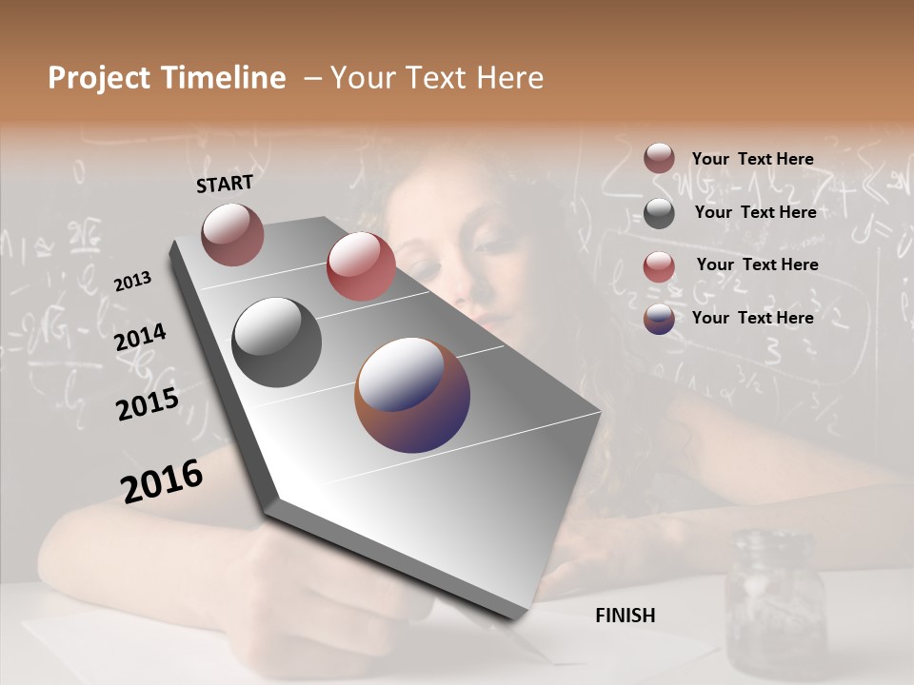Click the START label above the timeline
pyautogui.click(x=225, y=184)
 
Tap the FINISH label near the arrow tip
pyautogui.click(x=626, y=616)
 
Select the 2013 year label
pyautogui.click(x=132, y=282)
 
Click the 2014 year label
pyautogui.click(x=140, y=338)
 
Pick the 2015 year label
pyautogui.click(x=148, y=404)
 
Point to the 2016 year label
pyautogui.click(x=162, y=481)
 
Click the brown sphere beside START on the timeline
pyautogui.click(x=232, y=234)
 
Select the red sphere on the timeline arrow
pyautogui.click(x=361, y=265)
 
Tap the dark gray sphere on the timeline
pyautogui.click(x=276, y=342)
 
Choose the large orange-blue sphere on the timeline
pyautogui.click(x=412, y=394)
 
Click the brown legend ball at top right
pyautogui.click(x=659, y=159)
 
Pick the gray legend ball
pyautogui.click(x=659, y=213)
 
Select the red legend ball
pyautogui.click(x=659, y=265)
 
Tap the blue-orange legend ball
pyautogui.click(x=659, y=319)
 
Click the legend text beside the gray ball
pyautogui.click(x=755, y=212)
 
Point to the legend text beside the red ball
pyautogui.click(x=757, y=264)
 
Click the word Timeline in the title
pyautogui.click(x=225, y=78)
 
